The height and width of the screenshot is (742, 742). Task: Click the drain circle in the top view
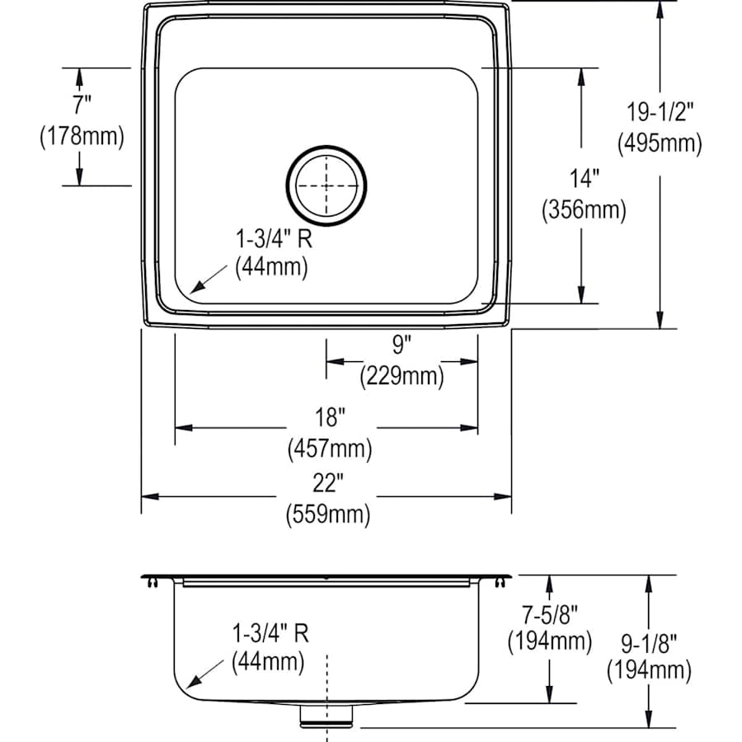click(x=326, y=185)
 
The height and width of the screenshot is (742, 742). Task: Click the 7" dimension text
click(x=81, y=105)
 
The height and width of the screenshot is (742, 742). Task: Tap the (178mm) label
click(x=82, y=136)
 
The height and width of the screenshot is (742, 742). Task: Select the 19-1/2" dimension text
click(x=659, y=111)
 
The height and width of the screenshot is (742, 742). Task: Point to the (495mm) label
click(x=660, y=143)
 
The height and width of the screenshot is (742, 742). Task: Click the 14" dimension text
click(x=583, y=178)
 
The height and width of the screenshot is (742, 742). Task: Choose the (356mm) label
click(x=584, y=210)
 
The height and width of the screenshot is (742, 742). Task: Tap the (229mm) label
click(x=402, y=377)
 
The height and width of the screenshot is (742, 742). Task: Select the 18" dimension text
click(x=328, y=418)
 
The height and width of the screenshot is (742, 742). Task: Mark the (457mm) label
click(x=329, y=449)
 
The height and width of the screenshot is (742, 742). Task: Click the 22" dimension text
click(x=328, y=485)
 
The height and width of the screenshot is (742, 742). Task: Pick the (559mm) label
click(x=328, y=516)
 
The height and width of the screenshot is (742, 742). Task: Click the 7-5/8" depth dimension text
click(x=549, y=613)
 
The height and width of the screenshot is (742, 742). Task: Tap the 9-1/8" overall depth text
click(x=648, y=640)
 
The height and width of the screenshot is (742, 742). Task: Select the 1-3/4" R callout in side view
click(x=271, y=633)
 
